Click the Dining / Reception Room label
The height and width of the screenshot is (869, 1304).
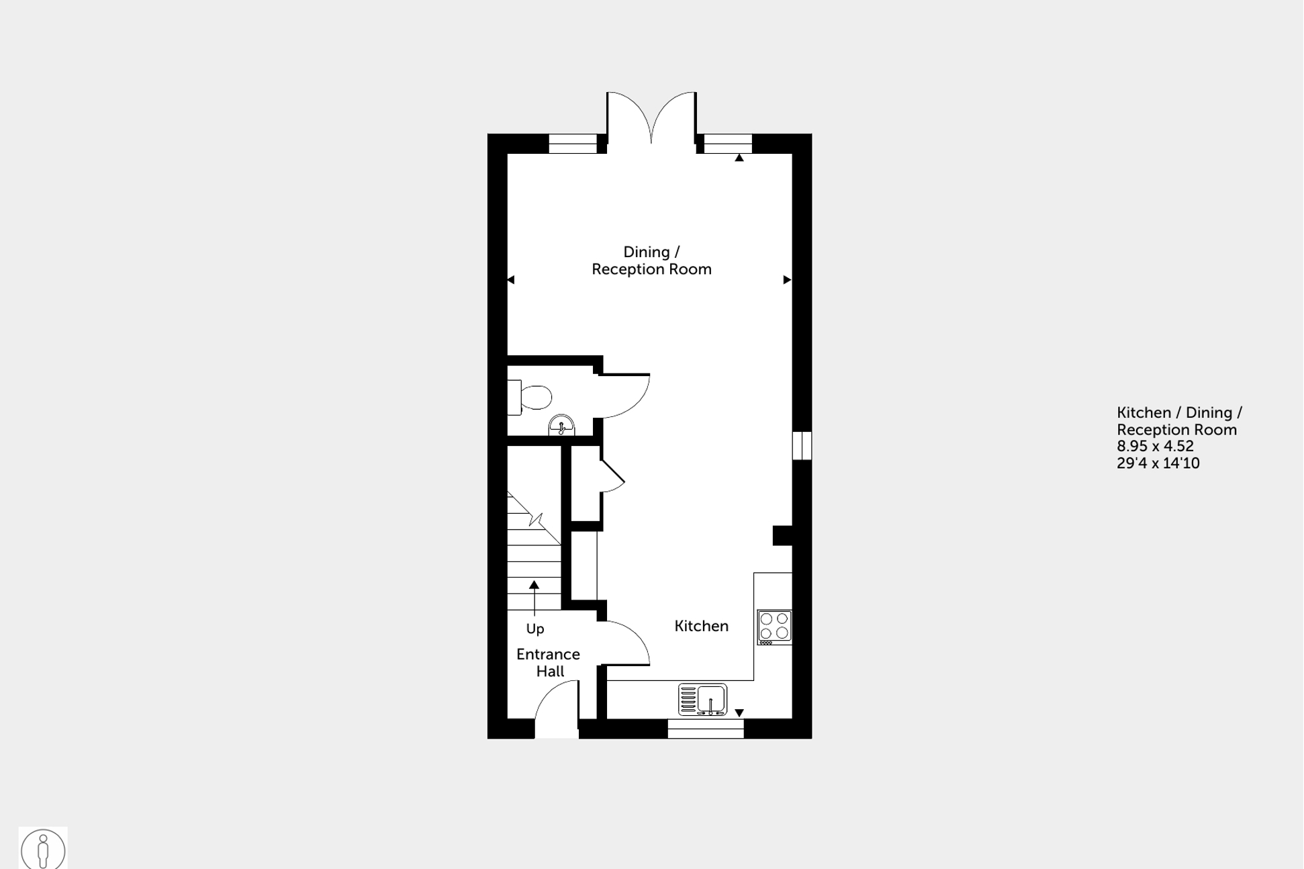[651, 261]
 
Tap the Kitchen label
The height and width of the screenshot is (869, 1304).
[701, 626]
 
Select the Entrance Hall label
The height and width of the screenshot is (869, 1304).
[548, 663]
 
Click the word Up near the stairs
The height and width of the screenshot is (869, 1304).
[534, 629]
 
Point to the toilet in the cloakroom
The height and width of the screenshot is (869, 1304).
[534, 398]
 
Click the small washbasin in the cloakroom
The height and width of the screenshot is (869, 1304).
[561, 426]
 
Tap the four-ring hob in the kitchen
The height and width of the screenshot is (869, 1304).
[774, 627]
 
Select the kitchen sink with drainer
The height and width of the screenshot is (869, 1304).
[702, 700]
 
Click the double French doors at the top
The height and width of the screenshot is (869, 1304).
[651, 118]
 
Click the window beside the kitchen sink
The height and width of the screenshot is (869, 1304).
[706, 729]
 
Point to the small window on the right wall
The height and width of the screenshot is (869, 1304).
[802, 445]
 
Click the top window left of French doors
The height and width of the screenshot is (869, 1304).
[573, 144]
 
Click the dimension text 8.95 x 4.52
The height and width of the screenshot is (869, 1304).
[1155, 447]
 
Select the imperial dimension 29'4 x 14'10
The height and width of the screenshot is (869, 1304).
[1158, 463]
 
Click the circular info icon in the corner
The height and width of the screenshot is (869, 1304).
[43, 849]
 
